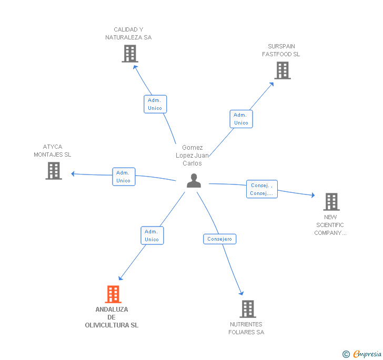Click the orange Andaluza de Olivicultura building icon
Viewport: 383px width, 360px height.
[113, 294]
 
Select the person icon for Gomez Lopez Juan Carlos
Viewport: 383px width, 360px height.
[194, 181]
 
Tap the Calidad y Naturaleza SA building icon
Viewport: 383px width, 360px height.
[130, 54]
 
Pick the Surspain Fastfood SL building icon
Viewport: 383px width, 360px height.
[283, 70]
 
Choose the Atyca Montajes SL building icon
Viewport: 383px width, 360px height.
[54, 171]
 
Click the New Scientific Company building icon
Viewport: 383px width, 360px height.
[331, 202]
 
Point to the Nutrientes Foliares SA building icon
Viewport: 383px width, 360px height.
[248, 308]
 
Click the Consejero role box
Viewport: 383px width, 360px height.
[219, 239]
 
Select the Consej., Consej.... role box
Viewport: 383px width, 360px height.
[262, 189]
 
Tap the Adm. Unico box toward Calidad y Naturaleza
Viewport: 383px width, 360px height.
[155, 104]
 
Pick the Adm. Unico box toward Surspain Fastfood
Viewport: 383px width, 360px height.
[241, 119]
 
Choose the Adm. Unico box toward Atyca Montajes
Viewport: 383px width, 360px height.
[124, 177]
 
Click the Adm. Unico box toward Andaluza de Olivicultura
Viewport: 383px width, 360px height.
[152, 235]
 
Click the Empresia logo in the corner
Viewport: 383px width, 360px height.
[362, 354]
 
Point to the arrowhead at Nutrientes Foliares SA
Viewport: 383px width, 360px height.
[241, 293]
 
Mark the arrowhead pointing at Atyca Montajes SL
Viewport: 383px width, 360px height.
[73, 174]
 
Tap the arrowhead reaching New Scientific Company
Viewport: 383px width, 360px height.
[313, 195]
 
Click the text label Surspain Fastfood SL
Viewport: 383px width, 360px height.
[281, 50]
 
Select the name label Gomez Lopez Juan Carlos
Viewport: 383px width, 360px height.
[192, 156]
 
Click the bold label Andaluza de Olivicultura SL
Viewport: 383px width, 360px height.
[112, 317]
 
